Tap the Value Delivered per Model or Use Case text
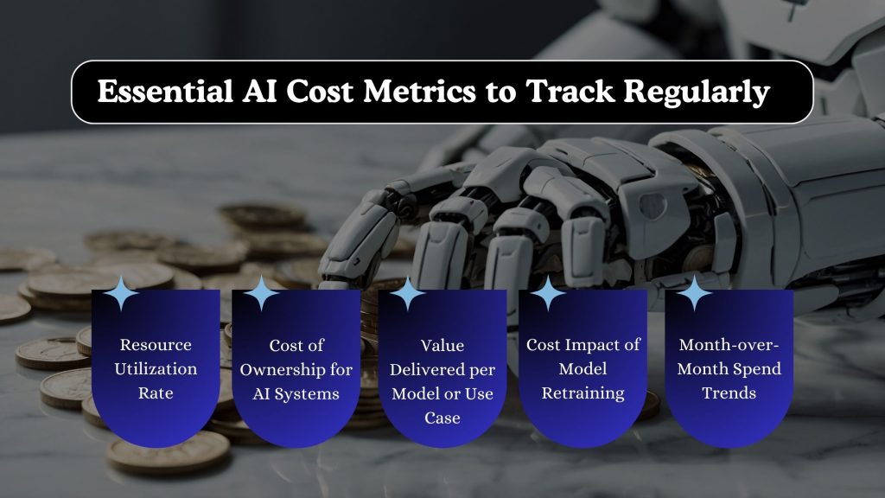[x=442, y=381]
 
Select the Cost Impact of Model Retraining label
[x=583, y=369]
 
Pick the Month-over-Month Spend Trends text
[x=729, y=369]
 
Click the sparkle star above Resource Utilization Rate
[x=121, y=295]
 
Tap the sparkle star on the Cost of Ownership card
[x=261, y=295]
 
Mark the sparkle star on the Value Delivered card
[x=407, y=295]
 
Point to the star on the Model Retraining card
[x=547, y=295]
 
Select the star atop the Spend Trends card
[x=693, y=295]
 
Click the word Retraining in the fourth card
[x=583, y=393]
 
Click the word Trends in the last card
[x=729, y=393]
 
